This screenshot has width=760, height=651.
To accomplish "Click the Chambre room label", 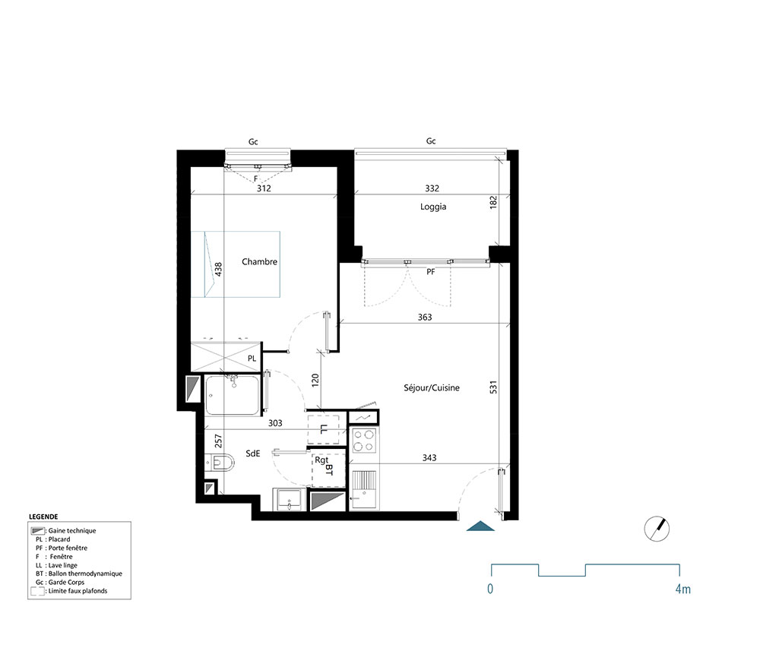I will [x=259, y=262].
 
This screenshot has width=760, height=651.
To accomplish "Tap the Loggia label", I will [x=432, y=207].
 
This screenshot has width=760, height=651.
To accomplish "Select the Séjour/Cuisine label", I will [x=432, y=388].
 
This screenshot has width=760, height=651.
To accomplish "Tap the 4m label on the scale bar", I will [x=682, y=589].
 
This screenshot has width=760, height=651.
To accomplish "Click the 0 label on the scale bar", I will [x=491, y=589].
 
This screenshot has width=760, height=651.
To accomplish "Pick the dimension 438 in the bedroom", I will [x=218, y=269].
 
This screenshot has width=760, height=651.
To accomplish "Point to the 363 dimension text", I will [x=425, y=317].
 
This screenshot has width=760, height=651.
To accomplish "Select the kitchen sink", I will [x=363, y=486].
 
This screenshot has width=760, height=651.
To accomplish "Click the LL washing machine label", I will [x=325, y=430].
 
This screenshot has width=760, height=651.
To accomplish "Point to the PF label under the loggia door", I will [x=430, y=270].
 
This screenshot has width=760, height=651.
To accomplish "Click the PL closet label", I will [x=252, y=358].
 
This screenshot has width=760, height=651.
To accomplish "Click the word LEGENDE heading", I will [x=43, y=516].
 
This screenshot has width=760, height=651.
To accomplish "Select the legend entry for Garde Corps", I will [x=65, y=582].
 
